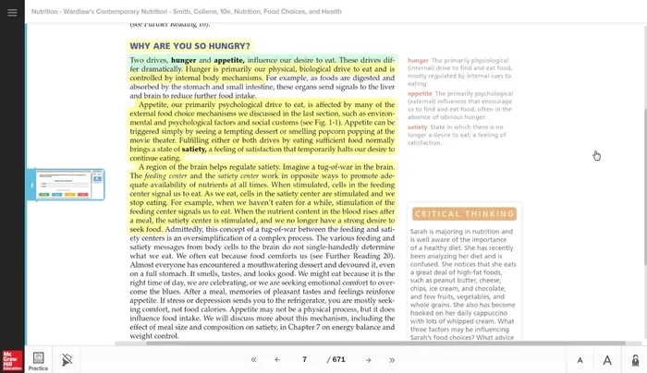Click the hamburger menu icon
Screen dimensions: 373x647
coord(12,13)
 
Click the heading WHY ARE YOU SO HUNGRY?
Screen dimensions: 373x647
coord(189,45)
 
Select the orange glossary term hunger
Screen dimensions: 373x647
coord(418,60)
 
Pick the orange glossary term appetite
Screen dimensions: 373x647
coord(420,93)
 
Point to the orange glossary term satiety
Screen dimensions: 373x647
coord(418,126)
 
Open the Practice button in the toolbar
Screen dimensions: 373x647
coord(38,360)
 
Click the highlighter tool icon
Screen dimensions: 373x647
coord(67,359)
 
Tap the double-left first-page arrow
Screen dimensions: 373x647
coord(253,359)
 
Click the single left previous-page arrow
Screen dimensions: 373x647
coord(277,359)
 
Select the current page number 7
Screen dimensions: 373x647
coord(304,359)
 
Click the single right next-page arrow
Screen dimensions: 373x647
coord(368,359)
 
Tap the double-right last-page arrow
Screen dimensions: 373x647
coord(392,359)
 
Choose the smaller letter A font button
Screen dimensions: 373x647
coord(580,360)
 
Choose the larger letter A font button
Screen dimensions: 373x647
coord(607,360)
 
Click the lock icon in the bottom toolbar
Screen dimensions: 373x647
coord(634,359)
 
